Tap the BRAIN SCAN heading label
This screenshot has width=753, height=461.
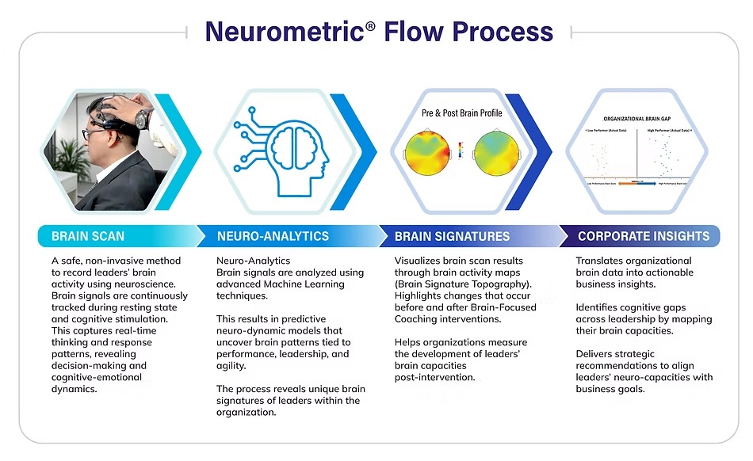[88, 236]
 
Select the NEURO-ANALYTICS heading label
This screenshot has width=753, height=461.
[273, 236]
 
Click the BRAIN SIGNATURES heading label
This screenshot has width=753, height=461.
[452, 236]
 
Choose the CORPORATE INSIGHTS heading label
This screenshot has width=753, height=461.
[644, 236]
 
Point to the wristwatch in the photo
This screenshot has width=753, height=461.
[143, 120]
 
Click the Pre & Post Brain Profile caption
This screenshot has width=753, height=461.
[461, 112]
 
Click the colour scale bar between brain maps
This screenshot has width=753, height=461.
[461, 150]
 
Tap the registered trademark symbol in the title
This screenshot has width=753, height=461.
[370, 25]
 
